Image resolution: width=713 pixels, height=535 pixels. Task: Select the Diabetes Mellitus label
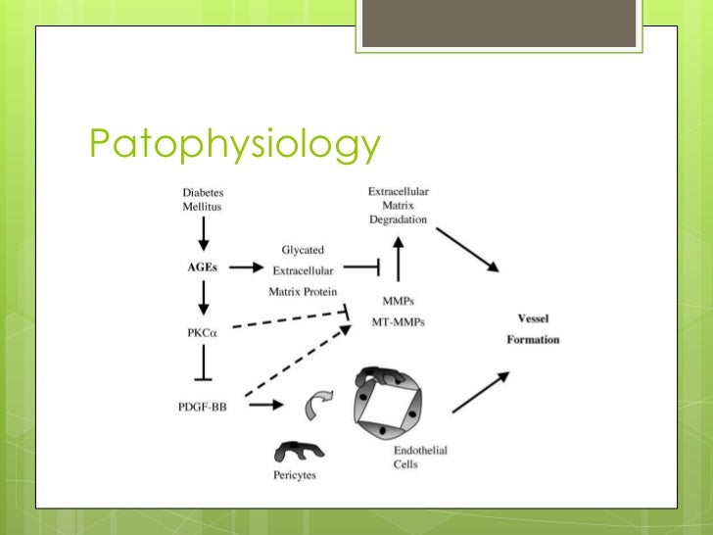point(202,201)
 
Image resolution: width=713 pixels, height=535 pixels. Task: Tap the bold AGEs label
point(203,267)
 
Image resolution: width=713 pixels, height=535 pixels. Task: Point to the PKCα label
point(203,333)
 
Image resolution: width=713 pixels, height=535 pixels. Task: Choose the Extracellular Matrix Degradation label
point(398,206)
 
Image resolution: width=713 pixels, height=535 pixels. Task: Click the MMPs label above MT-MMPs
point(398,301)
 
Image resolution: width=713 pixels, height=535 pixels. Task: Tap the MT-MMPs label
point(398,321)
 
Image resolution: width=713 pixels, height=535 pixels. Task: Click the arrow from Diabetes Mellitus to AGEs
point(203,233)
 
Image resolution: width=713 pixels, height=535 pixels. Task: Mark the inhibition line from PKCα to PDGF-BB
point(203,366)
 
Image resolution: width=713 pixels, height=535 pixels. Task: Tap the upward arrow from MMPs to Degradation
point(399,262)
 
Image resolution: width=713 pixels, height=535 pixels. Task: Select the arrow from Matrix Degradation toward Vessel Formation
point(468,249)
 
